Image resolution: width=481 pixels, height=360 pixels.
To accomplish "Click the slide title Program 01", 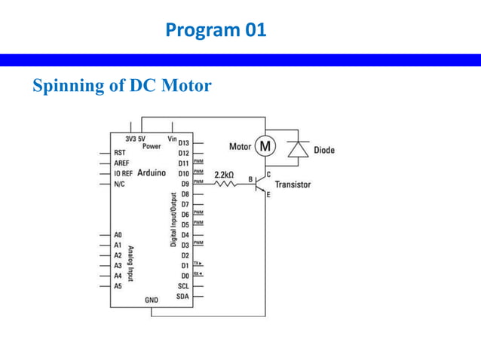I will pyautogui.click(x=216, y=31).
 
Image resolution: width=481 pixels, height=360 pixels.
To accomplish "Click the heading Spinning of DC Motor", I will pyautogui.click(x=122, y=86).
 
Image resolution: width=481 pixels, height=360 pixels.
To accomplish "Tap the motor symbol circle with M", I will pyautogui.click(x=265, y=146).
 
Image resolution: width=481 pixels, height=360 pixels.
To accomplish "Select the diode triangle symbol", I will pyautogui.click(x=299, y=150).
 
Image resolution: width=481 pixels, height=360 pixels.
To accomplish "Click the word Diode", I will pyautogui.click(x=324, y=150).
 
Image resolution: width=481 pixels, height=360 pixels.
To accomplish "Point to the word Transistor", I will pyautogui.click(x=293, y=185).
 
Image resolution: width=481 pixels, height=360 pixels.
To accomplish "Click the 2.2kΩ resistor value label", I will pyautogui.click(x=225, y=175).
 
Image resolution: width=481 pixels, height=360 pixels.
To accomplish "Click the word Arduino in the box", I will pyautogui.click(x=152, y=173).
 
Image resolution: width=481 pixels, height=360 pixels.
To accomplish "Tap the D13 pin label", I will pyautogui.click(x=183, y=143).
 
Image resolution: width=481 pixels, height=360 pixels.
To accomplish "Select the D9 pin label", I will pyautogui.click(x=185, y=184).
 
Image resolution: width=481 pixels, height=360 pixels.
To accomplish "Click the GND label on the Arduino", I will pyautogui.click(x=152, y=300).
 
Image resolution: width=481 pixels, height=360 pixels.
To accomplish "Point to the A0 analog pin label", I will pyautogui.click(x=118, y=235).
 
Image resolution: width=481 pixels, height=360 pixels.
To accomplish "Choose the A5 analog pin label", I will pyautogui.click(x=118, y=286).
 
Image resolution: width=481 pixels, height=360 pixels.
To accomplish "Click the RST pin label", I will pyautogui.click(x=119, y=152).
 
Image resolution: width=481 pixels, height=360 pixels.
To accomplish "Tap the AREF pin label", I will pyautogui.click(x=121, y=163).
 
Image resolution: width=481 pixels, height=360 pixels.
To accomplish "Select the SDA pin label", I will pyautogui.click(x=182, y=296).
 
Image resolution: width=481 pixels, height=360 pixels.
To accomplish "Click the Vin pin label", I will pyautogui.click(x=173, y=139).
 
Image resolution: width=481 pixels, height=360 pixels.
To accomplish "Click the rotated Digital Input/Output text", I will pyautogui.click(x=173, y=220).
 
